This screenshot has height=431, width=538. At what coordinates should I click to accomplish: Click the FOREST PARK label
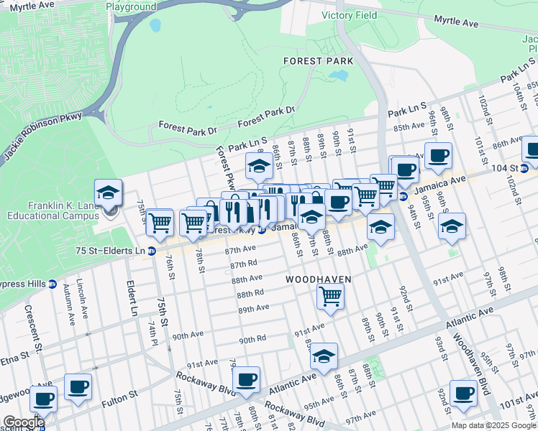click(x=316, y=61)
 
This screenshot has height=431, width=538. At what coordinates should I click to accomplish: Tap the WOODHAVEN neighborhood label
click(x=318, y=279)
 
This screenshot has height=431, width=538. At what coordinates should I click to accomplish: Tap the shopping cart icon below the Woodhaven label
click(x=330, y=295)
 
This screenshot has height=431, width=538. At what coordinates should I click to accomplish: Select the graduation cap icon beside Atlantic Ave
click(x=324, y=356)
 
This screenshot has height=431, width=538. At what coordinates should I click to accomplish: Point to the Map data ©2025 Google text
click(x=493, y=425)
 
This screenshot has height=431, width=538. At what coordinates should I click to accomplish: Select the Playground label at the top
click(x=131, y=6)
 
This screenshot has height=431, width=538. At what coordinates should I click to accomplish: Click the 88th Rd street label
click(x=251, y=294)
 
